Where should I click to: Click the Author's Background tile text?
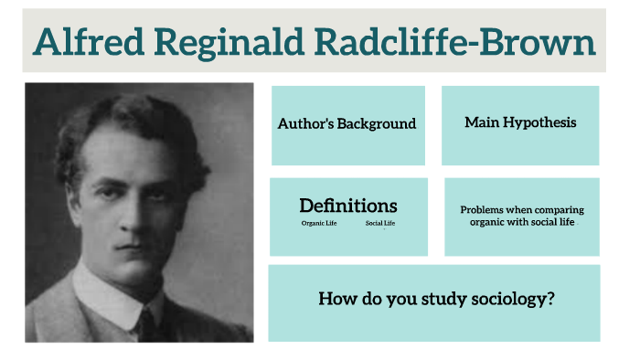pyautogui.click(x=347, y=123)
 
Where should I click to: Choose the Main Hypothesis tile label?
pyautogui.click(x=520, y=122)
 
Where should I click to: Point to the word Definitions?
pyautogui.click(x=348, y=206)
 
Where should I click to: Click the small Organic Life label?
pyautogui.click(x=319, y=224)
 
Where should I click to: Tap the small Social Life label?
pyautogui.click(x=379, y=224)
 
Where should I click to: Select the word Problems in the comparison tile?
pyautogui.click(x=485, y=210)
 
